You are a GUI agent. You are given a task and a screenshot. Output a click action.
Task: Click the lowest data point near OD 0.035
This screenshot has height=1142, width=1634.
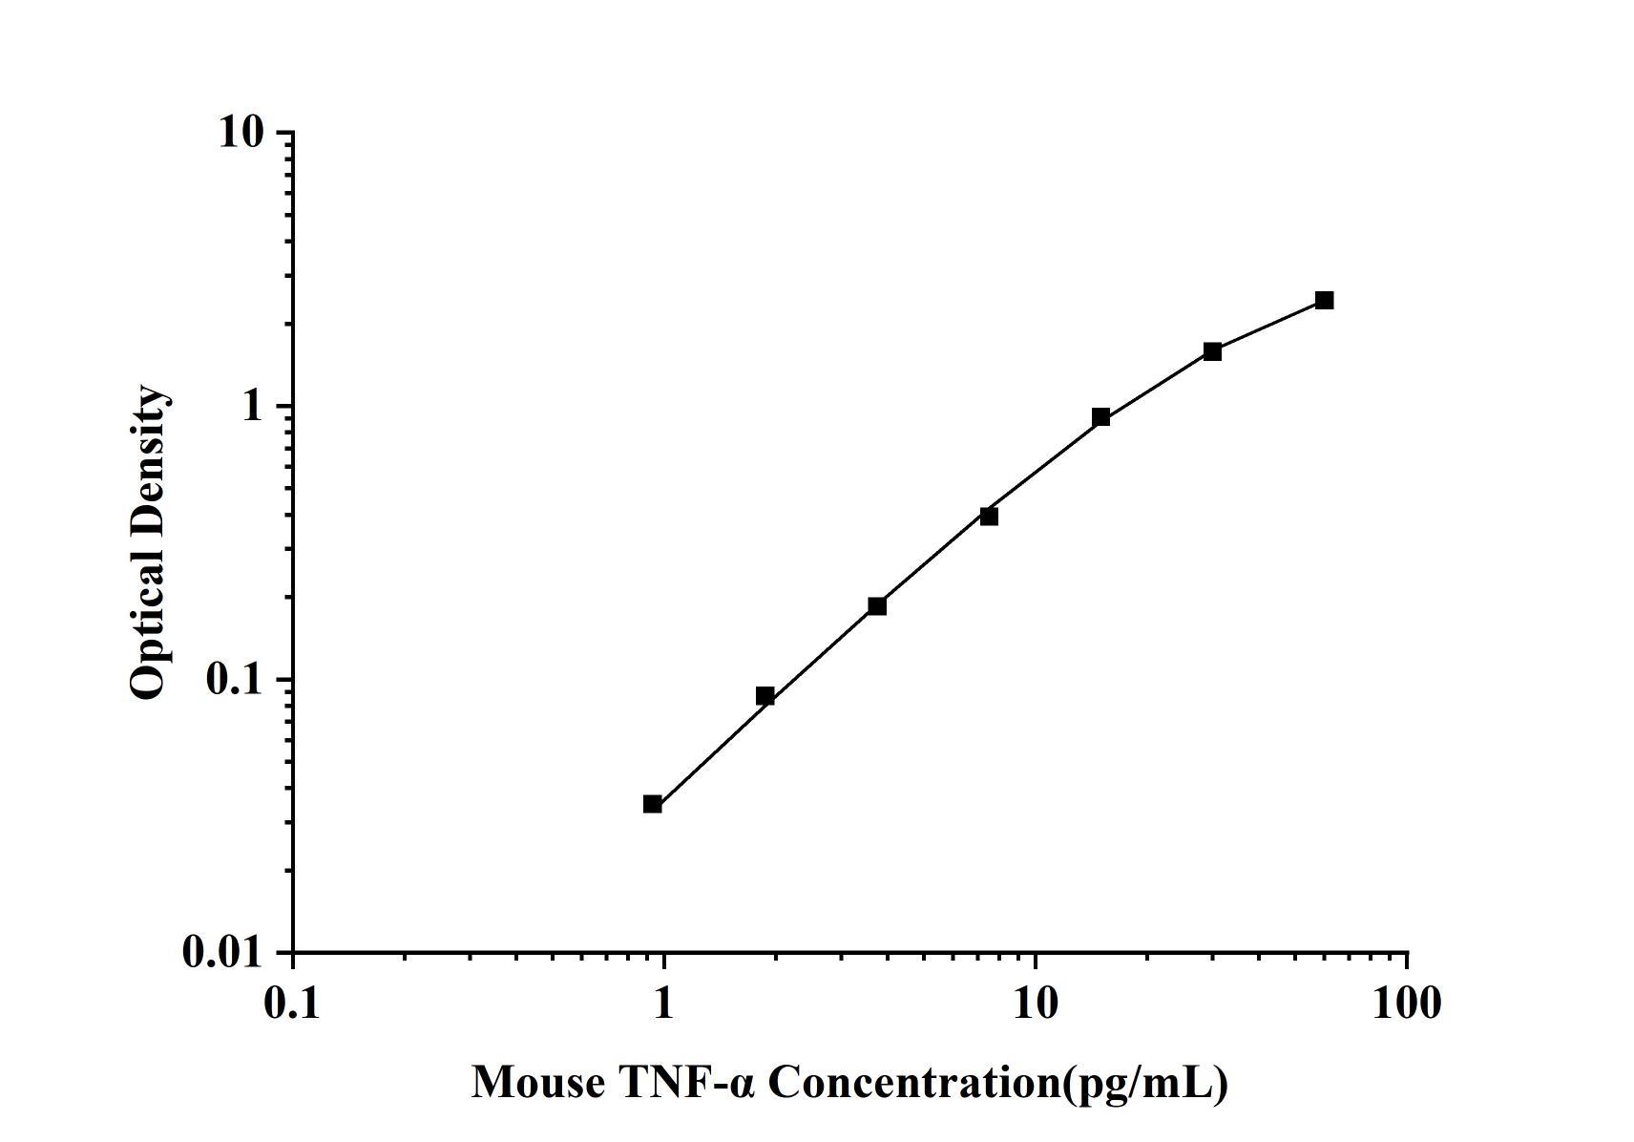[653, 804]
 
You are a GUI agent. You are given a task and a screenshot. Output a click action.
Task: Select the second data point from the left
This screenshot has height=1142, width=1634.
[765, 696]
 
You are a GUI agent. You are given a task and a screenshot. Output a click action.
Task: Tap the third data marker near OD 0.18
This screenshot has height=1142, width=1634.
[877, 606]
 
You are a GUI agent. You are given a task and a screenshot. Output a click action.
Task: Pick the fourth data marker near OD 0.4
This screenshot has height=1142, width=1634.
[989, 517]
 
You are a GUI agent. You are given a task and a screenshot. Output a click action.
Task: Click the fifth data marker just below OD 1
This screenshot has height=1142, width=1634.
[1100, 417]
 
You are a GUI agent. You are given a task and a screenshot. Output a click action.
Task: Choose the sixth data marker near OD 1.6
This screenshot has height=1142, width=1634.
[1212, 351]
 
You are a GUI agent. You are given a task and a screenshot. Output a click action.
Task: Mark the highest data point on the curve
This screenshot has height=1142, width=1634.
[1324, 301]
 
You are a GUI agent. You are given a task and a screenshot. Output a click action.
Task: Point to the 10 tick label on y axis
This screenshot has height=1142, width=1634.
[241, 133]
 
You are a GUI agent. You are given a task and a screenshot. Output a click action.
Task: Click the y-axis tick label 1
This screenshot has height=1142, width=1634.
[252, 407]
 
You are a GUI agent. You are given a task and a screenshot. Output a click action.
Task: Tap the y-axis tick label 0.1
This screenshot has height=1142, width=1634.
[234, 680]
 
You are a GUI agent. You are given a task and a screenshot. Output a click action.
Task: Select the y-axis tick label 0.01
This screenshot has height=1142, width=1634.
[222, 953]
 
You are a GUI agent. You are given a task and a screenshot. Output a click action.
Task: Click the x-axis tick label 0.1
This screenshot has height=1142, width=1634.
[293, 1004]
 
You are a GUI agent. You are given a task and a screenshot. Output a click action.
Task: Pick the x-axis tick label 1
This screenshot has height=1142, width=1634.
[663, 1004]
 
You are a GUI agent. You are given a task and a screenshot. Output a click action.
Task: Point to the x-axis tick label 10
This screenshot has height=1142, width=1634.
[1035, 1004]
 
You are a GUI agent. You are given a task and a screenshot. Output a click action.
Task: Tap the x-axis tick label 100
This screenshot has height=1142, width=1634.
[1406, 1004]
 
